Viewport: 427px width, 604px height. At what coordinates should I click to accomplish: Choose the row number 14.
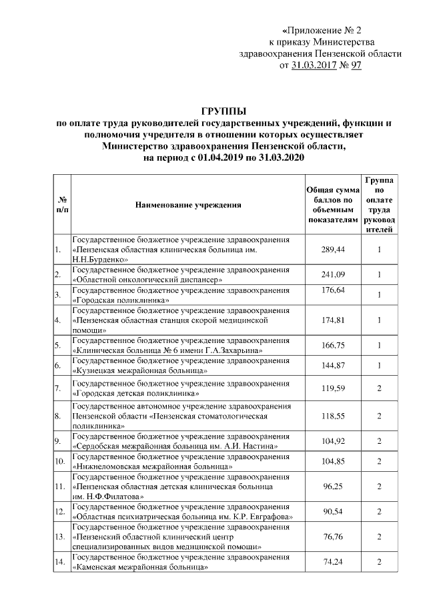61,564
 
